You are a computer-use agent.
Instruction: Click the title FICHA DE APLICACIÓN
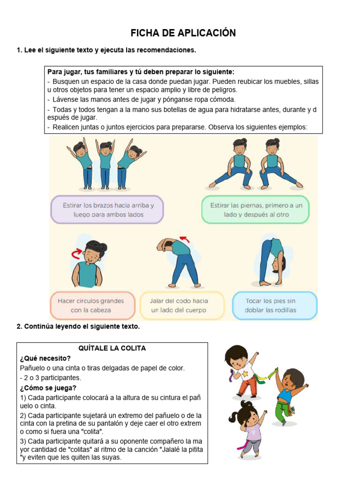(183, 33)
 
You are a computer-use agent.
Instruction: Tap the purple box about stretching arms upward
(107, 210)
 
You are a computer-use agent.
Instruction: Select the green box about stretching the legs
(256, 210)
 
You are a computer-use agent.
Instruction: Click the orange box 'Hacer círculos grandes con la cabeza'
(92, 305)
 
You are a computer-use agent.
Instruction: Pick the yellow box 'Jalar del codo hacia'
(182, 305)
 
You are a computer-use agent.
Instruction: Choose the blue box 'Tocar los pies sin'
(275, 305)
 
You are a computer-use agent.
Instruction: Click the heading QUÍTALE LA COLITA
(112, 348)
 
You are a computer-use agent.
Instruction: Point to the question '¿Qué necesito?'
(45, 358)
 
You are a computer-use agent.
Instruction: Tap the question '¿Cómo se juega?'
(48, 388)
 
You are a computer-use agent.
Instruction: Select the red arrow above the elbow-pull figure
(186, 240)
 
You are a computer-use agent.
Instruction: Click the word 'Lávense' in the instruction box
(64, 99)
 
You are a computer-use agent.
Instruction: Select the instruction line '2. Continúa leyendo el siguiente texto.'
(78, 327)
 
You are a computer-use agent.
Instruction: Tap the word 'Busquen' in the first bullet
(65, 82)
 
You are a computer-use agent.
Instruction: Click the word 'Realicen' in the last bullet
(65, 127)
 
